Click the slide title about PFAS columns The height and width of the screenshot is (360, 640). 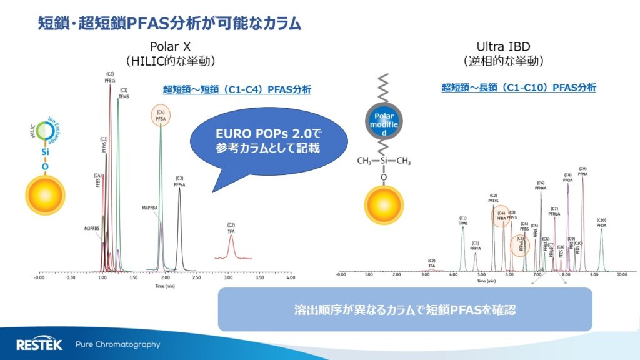[x=169, y=24]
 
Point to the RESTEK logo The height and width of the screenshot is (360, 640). [x=39, y=344]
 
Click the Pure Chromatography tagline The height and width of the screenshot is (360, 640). [x=117, y=344]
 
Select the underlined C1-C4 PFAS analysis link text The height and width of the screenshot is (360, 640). [x=237, y=90]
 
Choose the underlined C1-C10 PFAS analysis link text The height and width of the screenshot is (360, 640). [x=518, y=87]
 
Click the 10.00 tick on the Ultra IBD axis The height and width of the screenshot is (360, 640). [x=621, y=274]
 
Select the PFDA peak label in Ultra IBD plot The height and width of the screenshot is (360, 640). [x=601, y=222]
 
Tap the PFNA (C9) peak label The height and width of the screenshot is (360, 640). [x=582, y=171]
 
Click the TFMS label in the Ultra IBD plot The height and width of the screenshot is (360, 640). [x=462, y=221]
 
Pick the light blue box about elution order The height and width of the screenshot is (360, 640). [x=404, y=309]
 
